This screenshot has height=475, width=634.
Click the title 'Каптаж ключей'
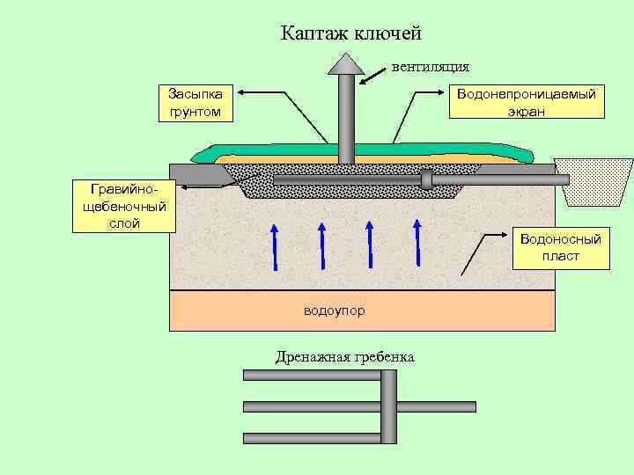[351, 33]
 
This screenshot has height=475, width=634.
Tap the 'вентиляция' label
[430, 66]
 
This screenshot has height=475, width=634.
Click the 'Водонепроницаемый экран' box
[526, 102]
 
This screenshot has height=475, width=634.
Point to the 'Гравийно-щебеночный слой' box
[124, 206]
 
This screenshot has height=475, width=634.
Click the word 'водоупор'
[334, 311]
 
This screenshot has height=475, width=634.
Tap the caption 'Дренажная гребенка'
[344, 356]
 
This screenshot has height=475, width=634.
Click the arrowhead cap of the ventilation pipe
[346, 63]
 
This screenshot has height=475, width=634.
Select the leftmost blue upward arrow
[275, 246]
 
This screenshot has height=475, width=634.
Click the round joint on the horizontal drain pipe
[427, 179]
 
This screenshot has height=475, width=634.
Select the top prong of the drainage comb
[312, 375]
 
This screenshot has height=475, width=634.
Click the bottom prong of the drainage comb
[312, 437]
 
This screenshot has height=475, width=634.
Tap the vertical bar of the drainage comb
[388, 406]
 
